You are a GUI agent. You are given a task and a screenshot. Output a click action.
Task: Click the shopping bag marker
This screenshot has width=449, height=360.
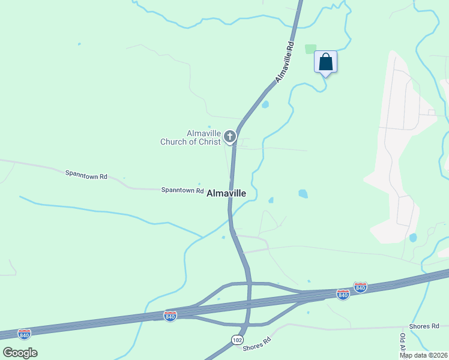[325, 62]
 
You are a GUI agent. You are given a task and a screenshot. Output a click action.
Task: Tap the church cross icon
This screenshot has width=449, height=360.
[229, 137]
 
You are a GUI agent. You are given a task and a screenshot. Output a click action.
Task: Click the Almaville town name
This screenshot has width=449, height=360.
[226, 194]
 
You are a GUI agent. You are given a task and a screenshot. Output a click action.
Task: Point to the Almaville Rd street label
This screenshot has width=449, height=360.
[285, 62]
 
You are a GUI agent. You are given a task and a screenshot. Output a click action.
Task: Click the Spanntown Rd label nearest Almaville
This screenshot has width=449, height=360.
[182, 190]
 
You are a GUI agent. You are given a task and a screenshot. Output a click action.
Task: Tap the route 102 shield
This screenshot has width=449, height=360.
[238, 340]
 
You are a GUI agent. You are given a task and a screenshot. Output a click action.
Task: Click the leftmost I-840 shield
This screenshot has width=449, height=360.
[24, 334]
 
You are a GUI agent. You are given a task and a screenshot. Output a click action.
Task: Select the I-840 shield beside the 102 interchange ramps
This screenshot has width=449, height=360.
[170, 316]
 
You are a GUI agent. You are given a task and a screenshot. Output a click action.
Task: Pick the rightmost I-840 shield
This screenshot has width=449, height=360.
[360, 287]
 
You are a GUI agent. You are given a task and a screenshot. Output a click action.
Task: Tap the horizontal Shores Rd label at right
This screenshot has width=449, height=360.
[424, 326]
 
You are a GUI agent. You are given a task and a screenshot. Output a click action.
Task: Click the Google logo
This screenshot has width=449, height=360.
[20, 352]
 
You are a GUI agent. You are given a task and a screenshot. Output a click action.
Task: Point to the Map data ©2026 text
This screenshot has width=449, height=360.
[423, 355]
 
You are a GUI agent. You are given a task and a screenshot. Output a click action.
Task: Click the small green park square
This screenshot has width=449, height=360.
[310, 49]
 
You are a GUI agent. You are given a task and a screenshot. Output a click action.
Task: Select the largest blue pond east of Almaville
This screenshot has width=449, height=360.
[303, 194]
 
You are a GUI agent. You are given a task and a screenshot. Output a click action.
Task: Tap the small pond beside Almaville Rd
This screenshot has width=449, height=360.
[265, 104]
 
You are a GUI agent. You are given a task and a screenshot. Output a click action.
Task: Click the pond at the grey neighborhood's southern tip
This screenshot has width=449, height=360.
[413, 238]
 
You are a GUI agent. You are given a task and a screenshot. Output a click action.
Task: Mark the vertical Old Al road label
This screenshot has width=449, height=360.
[402, 343]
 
